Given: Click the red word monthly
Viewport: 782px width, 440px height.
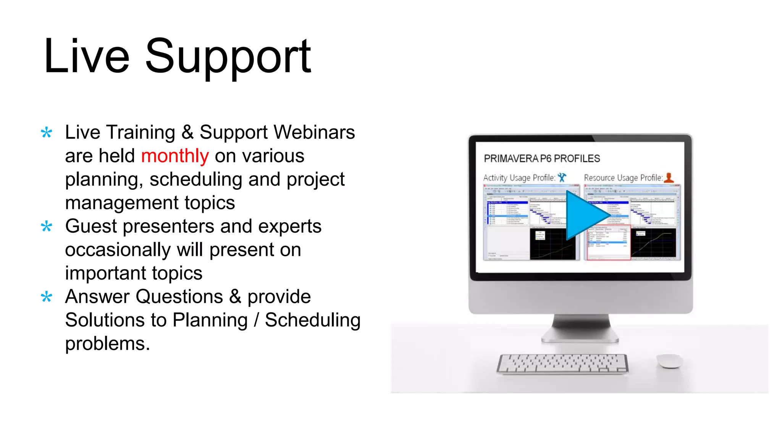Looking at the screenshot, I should coord(175,156).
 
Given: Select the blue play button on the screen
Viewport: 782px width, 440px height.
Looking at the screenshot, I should coord(584,215).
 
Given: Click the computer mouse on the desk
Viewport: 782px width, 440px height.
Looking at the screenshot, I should coord(669,361).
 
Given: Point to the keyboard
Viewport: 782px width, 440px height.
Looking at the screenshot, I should coord(562,364).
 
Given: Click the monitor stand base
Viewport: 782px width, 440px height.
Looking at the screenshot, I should coord(580,336).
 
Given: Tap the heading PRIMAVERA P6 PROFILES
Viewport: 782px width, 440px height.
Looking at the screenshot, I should coord(541,159).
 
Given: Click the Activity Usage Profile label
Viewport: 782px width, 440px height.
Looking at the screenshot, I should coord(519,178).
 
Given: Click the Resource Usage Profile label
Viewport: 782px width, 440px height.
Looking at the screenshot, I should coord(623,178).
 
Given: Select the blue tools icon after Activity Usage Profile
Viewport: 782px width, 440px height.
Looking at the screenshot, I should coord(562,177).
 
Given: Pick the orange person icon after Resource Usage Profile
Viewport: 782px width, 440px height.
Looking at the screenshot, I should coord(669,177).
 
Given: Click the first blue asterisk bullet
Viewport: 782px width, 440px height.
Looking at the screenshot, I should coord(47,133).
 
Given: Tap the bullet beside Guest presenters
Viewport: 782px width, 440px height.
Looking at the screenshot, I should coord(47,227).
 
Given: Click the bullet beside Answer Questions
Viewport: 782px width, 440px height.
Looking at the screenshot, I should coord(47,297).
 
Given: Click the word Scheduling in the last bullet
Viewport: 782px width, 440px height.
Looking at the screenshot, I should coord(312,320).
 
